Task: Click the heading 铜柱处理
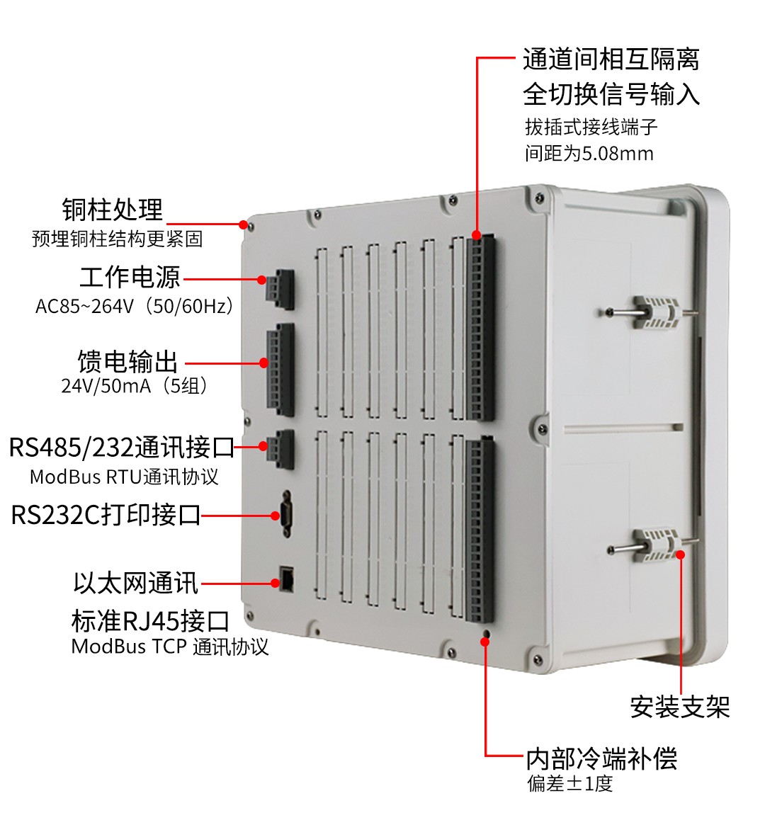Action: click(113, 210)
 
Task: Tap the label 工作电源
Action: click(130, 277)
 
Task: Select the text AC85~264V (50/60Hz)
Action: click(134, 306)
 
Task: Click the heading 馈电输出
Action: click(127, 361)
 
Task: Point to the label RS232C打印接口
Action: click(106, 515)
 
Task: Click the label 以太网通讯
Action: click(136, 583)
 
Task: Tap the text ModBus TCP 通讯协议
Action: click(170, 647)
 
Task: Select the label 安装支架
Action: click(680, 707)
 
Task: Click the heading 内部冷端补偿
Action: click(602, 758)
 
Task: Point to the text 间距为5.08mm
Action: click(589, 154)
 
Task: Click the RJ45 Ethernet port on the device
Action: click(288, 579)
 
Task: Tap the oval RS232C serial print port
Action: click(286, 513)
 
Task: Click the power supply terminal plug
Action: click(280, 290)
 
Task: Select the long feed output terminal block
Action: click(280, 370)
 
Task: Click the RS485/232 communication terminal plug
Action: click(280, 450)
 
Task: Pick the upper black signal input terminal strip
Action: click(480, 327)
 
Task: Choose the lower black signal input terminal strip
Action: click(480, 529)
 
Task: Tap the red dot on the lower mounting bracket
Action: click(680, 554)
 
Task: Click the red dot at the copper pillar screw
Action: click(243, 224)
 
